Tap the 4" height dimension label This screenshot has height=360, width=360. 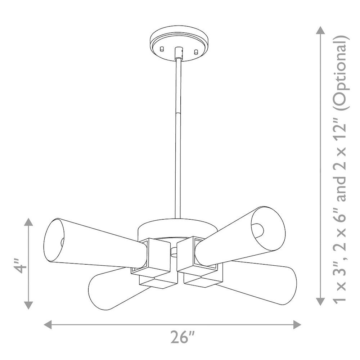pos(20,266)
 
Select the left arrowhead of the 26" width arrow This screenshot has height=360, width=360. pos(48,325)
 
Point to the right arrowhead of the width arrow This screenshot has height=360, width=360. pos(297,325)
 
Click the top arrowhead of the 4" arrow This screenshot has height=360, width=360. pos(28,222)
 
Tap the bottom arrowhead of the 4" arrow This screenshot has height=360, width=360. pos(28,305)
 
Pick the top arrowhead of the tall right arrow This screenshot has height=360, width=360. pos(321,30)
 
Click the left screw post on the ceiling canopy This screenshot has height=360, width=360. pos(162,49)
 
